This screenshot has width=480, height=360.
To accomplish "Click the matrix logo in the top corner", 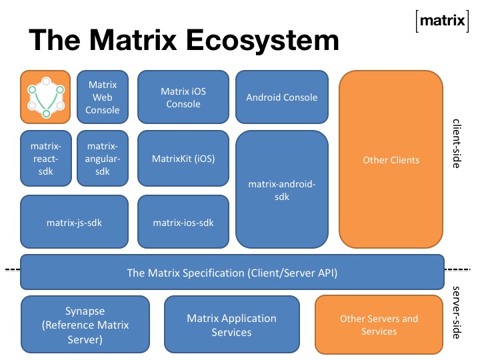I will click(x=441, y=21).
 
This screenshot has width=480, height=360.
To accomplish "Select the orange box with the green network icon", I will click(x=45, y=97).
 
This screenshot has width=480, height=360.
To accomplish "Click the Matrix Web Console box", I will click(x=102, y=97).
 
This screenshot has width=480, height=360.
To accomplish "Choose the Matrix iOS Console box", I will click(x=183, y=97).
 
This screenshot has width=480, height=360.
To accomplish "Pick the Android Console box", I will click(x=282, y=97).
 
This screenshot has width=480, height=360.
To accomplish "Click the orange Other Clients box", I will click(x=391, y=160).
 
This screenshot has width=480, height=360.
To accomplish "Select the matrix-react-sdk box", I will click(x=45, y=158).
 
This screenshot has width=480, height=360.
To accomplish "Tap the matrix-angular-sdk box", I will click(x=102, y=158).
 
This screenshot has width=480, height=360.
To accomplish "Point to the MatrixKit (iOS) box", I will click(x=183, y=159).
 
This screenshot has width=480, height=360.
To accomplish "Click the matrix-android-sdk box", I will click(x=282, y=189).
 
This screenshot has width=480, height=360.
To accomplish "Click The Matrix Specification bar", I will click(x=231, y=272).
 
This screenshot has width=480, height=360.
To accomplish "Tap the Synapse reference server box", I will click(x=85, y=325).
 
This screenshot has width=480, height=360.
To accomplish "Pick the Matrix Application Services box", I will click(x=231, y=325).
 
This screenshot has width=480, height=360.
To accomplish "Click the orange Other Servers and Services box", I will click(x=379, y=325).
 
